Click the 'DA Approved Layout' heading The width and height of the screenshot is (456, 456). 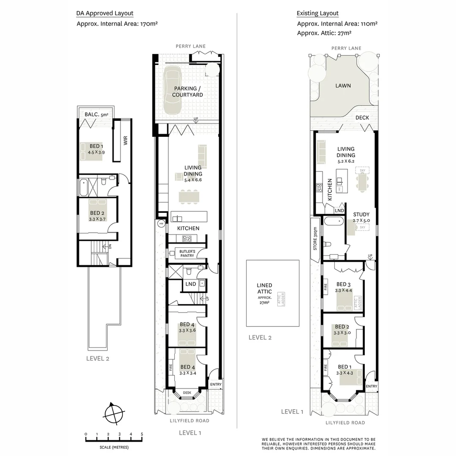(x=105, y=14)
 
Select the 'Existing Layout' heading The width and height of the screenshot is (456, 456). (x=318, y=14)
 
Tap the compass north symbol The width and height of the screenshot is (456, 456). (x=114, y=412)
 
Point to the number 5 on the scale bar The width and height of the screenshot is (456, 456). (x=142, y=434)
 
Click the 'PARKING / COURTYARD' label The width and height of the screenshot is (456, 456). (x=187, y=92)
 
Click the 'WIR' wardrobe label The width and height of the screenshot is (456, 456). (x=125, y=141)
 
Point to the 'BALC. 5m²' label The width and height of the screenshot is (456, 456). (x=96, y=114)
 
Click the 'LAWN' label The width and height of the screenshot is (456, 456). (x=343, y=86)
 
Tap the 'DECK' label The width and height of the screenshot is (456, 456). (x=362, y=118)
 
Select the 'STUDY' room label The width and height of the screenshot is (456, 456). (x=361, y=214)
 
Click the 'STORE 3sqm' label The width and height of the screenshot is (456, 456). (x=315, y=239)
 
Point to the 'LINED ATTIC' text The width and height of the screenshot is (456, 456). (x=264, y=288)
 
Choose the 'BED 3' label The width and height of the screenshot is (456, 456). (x=343, y=284)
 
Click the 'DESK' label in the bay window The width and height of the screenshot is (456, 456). (x=187, y=393)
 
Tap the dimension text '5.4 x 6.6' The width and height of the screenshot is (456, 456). (x=193, y=180)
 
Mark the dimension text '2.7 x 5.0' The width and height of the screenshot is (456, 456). (x=361, y=220)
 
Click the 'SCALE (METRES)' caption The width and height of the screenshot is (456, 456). (x=114, y=447)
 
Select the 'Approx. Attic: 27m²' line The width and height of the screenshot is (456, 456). (x=324, y=33)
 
